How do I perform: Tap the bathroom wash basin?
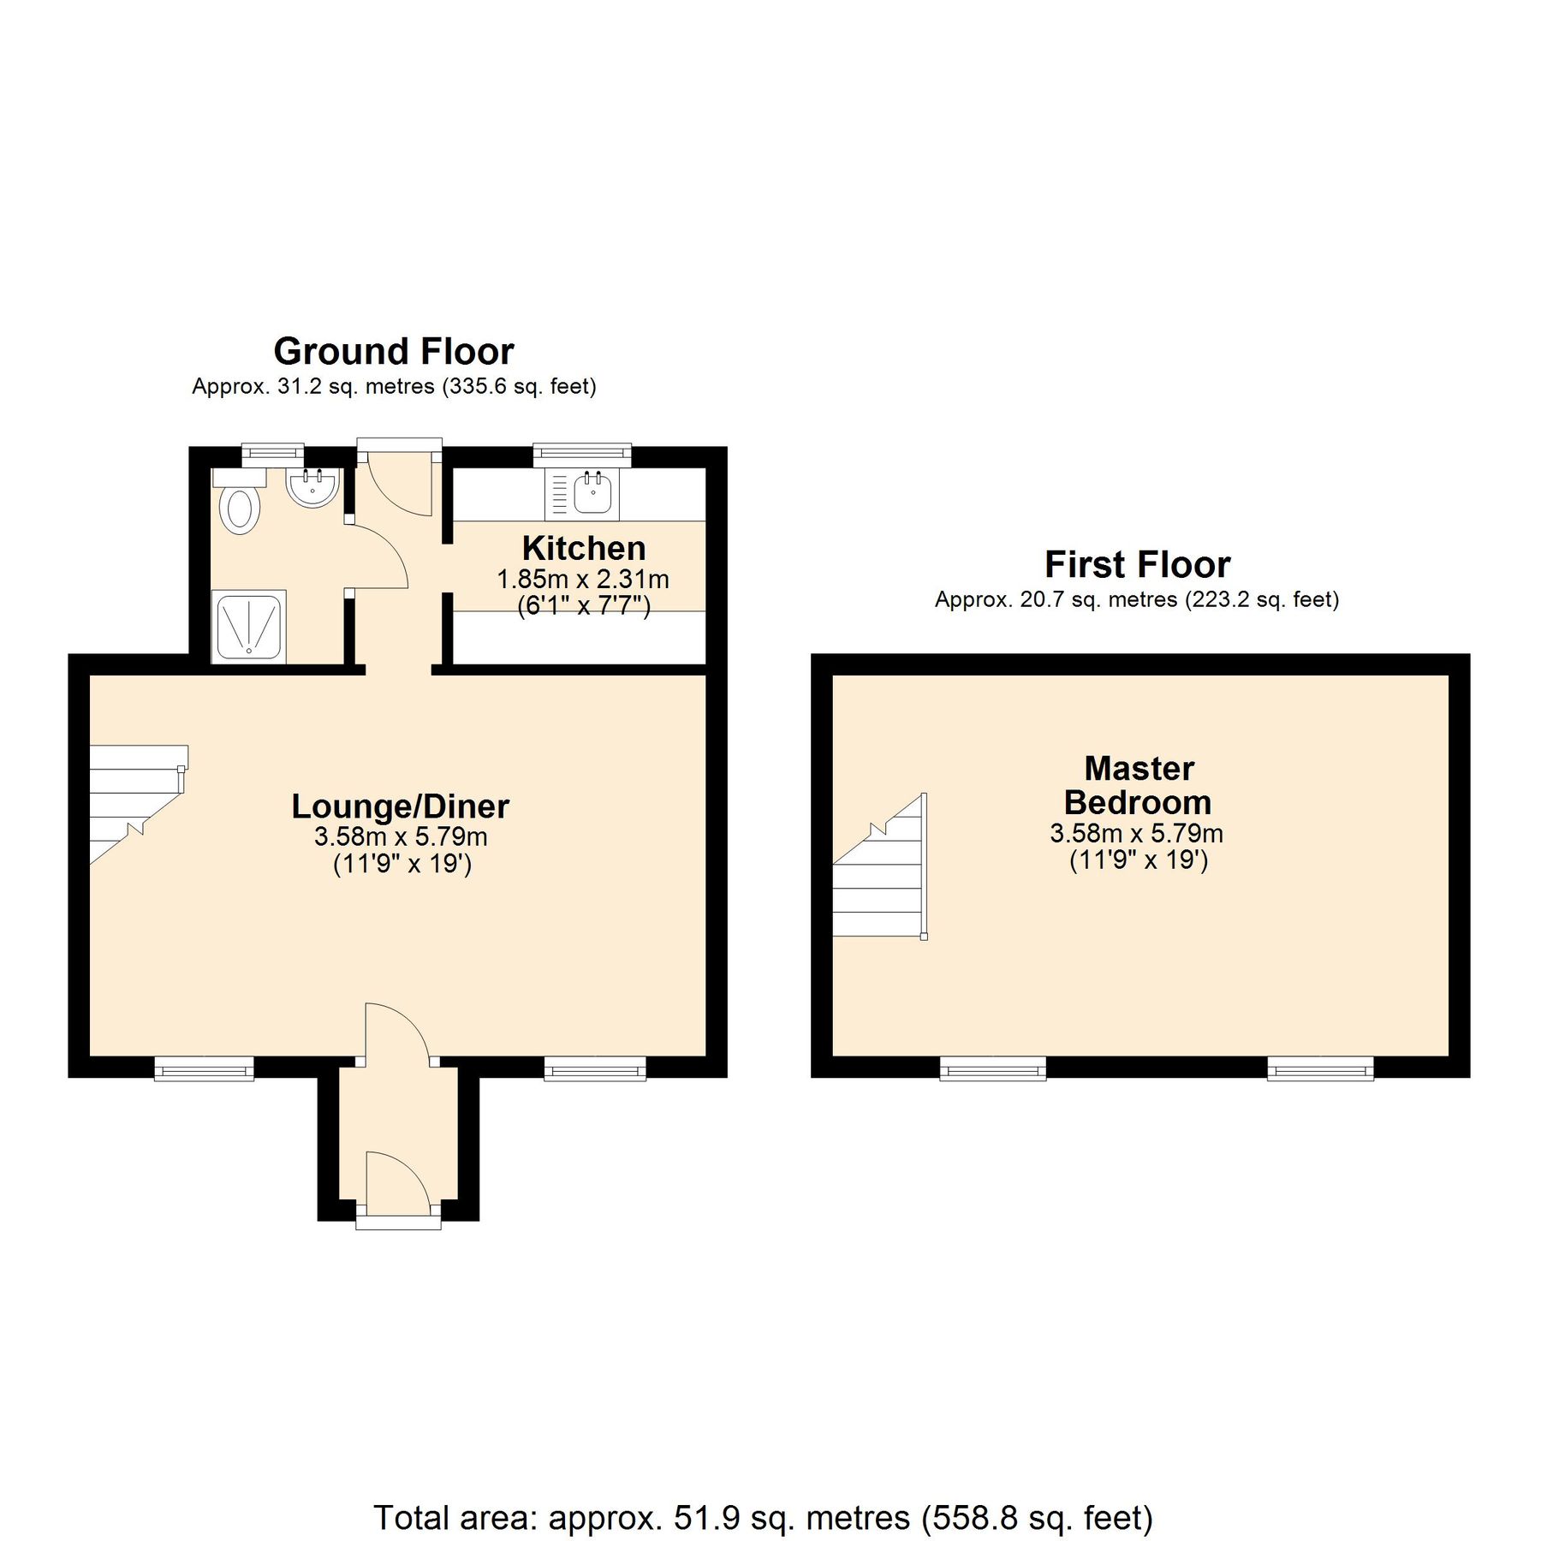(312, 488)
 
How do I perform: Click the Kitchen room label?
(584, 548)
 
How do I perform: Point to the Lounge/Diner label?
(400, 806)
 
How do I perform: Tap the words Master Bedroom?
(1138, 785)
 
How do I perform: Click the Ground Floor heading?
(394, 351)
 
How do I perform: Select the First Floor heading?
(1137, 564)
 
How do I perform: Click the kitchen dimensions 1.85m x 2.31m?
(583, 580)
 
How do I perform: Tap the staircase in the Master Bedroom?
(882, 882)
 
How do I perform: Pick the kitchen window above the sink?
(582, 455)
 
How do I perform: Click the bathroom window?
(272, 454)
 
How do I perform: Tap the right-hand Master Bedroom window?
(1320, 1068)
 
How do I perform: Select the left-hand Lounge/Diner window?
(204, 1068)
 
